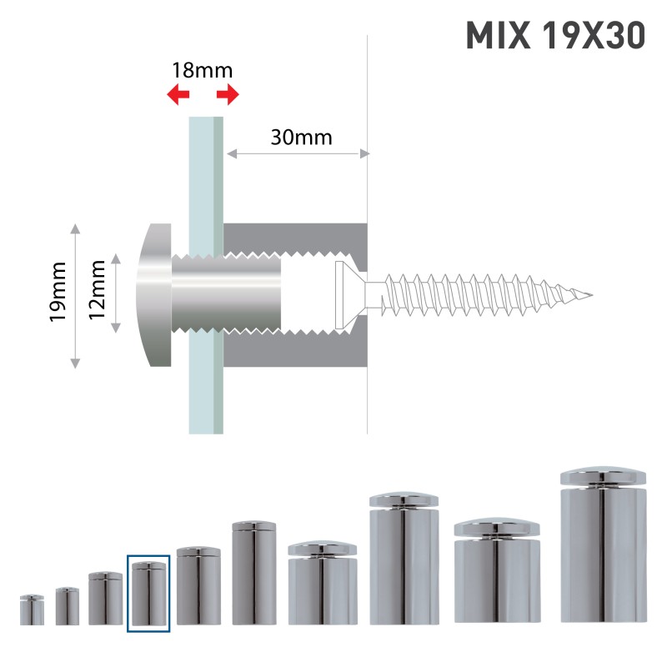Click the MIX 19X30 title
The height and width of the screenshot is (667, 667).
554,36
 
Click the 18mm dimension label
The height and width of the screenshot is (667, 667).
202,69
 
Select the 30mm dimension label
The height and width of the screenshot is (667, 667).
301,137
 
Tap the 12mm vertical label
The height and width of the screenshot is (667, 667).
98,290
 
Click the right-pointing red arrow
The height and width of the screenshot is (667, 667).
228,94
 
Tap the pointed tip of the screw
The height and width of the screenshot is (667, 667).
590,295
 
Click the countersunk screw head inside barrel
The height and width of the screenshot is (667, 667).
340,295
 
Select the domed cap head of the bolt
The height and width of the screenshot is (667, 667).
155,295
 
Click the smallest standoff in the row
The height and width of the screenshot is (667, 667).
32,610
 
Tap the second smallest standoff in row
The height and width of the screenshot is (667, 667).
68,606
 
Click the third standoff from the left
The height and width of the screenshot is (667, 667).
105,599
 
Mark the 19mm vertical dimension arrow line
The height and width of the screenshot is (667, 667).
76,295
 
